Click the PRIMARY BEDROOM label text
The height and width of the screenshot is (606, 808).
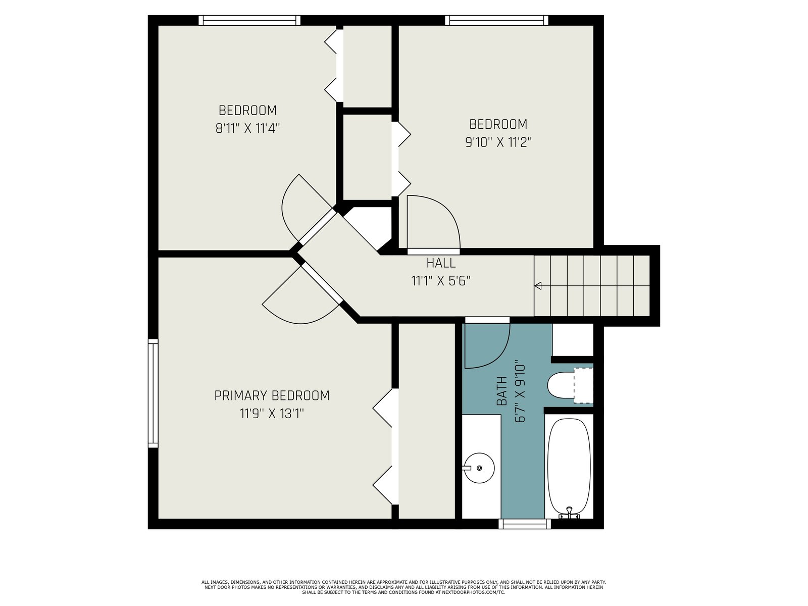coord(272,395)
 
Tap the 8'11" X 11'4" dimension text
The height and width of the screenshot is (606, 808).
coord(247,128)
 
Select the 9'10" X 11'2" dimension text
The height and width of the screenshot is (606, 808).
coord(498,142)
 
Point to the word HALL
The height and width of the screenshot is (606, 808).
coord(441,263)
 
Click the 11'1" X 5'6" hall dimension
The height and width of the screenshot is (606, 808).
coord(441,281)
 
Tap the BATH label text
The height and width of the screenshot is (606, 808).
coord(502,390)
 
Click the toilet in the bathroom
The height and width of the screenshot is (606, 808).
coord(570,385)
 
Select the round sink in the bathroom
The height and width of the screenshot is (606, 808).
coord(479,468)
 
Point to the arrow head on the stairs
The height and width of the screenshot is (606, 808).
coord(538,285)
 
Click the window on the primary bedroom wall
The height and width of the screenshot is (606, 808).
coord(153,393)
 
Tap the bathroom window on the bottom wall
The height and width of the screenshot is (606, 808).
coord(525,524)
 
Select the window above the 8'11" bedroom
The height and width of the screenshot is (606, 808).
coord(249,20)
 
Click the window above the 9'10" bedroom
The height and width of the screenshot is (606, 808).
coord(496,20)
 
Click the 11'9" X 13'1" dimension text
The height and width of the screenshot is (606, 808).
coord(272,414)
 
